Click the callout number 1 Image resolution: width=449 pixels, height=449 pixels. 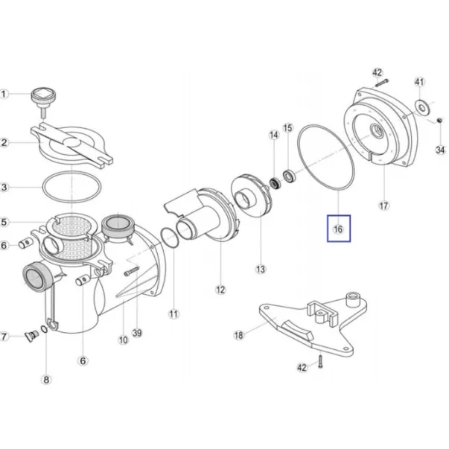(5, 94)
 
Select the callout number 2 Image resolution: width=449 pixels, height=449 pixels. (5, 142)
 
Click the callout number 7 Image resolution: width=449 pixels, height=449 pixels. (5, 337)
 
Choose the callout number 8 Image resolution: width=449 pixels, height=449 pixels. (46, 380)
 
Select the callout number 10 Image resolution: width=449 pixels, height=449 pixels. (124, 341)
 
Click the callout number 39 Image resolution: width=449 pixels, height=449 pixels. (137, 332)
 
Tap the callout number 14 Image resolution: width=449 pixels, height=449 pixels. (274, 136)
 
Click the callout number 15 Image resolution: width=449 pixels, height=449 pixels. (289, 127)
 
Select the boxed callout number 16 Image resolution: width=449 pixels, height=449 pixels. (337, 229)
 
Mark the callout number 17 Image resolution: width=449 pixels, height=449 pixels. (384, 205)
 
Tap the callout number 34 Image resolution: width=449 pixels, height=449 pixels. (440, 150)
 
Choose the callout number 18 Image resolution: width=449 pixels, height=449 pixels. (238, 336)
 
